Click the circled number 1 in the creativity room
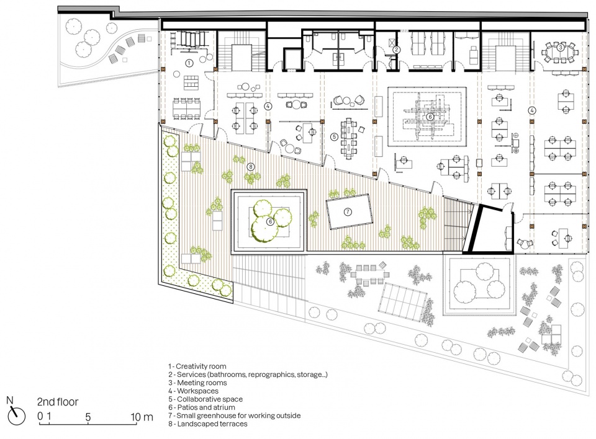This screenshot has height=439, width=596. (x=189, y=63)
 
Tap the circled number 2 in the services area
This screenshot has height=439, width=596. (x=397, y=50)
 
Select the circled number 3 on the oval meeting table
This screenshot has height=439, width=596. (x=560, y=48)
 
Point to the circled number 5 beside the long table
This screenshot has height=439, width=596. (x=334, y=136)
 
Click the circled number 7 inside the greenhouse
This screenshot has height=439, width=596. (x=348, y=212)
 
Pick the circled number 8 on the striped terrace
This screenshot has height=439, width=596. (x=250, y=166)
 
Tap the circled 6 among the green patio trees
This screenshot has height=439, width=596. (x=270, y=221)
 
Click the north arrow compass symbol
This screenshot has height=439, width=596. (x=17, y=416)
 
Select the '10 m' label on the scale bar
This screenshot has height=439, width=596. (x=142, y=417)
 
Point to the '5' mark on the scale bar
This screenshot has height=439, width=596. (x=88, y=417)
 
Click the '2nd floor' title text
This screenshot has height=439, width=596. (x=58, y=402)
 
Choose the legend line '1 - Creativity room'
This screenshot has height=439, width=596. (x=197, y=366)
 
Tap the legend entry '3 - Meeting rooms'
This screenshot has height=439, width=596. (x=197, y=383)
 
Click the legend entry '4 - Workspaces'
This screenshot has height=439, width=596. (x=194, y=391)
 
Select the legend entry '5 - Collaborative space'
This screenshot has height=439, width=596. (x=205, y=399)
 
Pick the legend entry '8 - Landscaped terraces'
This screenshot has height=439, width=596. (x=208, y=424)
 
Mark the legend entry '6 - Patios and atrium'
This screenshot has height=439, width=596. (x=202, y=407)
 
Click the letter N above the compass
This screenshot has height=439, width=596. (x=10, y=400)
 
